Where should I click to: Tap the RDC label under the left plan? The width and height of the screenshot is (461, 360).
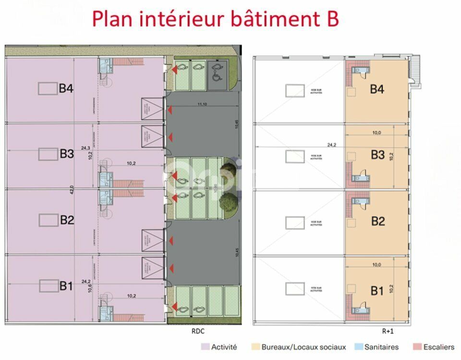pos(198,331)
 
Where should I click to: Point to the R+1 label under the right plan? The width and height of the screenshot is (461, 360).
pos(388,331)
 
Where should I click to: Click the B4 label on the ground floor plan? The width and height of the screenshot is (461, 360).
pos(66,88)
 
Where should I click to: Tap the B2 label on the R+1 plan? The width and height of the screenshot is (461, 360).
pos(378,221)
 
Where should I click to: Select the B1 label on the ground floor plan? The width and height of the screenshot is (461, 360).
pos(66,287)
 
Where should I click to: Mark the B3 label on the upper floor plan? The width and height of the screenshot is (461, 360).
pos(378,155)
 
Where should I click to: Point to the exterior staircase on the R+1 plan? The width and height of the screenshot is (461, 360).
pos(415,72)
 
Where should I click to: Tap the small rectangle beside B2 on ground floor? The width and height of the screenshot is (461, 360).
pos(48,220)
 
